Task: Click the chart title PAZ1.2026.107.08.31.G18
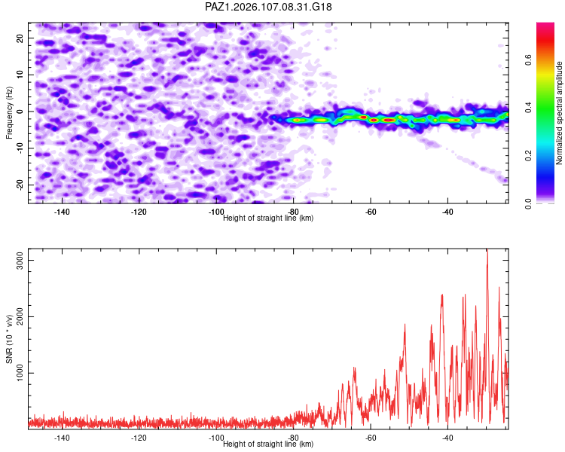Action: (x=268, y=7)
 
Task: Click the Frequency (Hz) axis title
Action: (x=9, y=113)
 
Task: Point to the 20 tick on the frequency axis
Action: (x=20, y=38)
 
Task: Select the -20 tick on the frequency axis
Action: (x=20, y=185)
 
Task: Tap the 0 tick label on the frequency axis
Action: (x=20, y=111)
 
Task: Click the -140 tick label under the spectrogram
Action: (x=62, y=212)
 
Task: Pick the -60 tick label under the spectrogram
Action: (x=371, y=212)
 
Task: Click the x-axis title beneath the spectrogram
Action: (x=268, y=218)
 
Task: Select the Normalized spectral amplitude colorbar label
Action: (x=559, y=113)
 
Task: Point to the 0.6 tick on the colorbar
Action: (x=528, y=60)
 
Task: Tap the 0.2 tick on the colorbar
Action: (x=528, y=155)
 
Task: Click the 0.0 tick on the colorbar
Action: (x=528, y=203)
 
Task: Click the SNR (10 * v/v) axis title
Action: (x=9, y=339)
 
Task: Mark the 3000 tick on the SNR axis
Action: (x=20, y=260)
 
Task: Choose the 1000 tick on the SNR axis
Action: (x=20, y=373)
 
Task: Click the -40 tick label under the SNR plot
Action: (x=447, y=438)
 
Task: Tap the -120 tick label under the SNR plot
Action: (x=139, y=438)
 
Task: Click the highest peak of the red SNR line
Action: (x=487, y=249)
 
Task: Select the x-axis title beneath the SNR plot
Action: (x=268, y=444)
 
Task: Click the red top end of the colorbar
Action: (x=545, y=24)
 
